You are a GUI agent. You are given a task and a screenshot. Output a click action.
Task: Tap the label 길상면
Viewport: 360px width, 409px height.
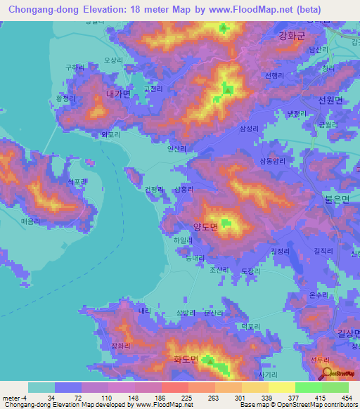348,333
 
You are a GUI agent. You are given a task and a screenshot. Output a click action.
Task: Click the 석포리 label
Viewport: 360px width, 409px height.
77,182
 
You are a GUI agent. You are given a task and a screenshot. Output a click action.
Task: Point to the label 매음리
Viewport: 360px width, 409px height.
30,220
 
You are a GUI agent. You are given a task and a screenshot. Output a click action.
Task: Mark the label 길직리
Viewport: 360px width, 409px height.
324,250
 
